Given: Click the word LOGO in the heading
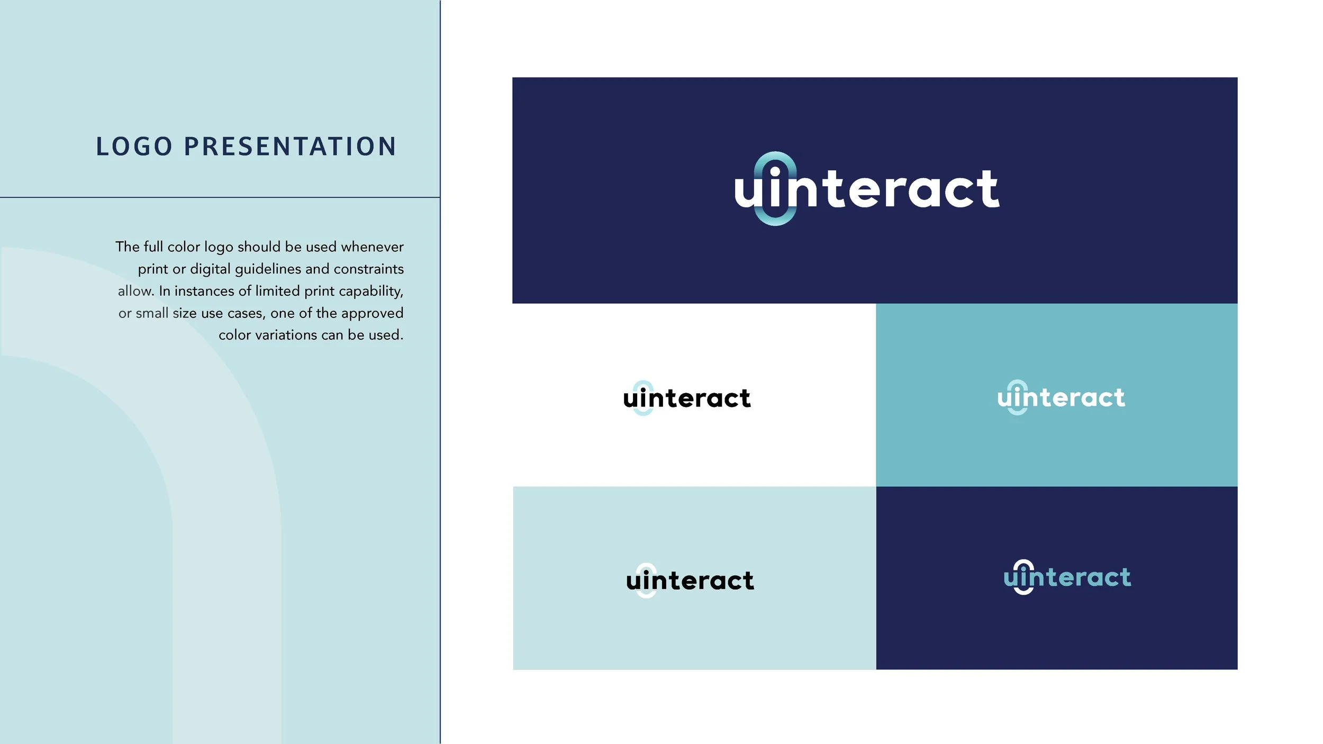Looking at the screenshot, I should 134,147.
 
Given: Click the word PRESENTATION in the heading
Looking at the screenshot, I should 290,147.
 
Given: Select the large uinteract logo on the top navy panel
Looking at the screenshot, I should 867,189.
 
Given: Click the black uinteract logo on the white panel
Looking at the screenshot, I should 687,398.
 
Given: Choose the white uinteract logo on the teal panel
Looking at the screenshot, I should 1061,397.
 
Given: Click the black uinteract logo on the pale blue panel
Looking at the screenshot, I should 690,580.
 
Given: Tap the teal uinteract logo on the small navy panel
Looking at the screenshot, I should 1067,577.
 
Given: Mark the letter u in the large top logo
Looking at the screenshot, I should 748,192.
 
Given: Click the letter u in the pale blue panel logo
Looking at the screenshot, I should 633,582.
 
